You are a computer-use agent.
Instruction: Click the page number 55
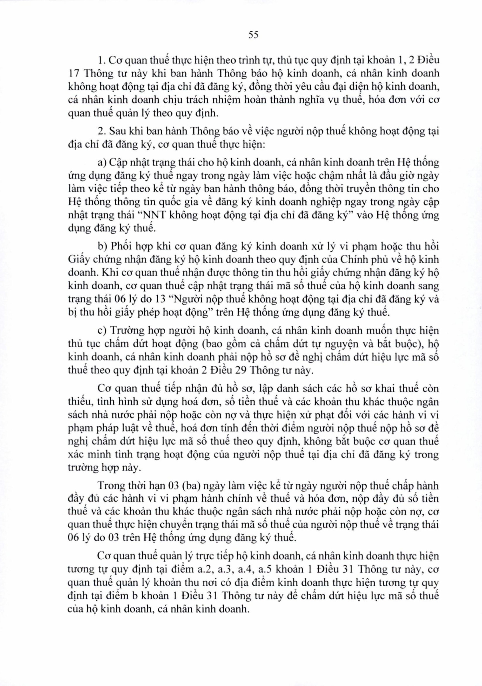point(253,35)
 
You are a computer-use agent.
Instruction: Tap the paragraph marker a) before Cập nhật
point(102,163)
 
